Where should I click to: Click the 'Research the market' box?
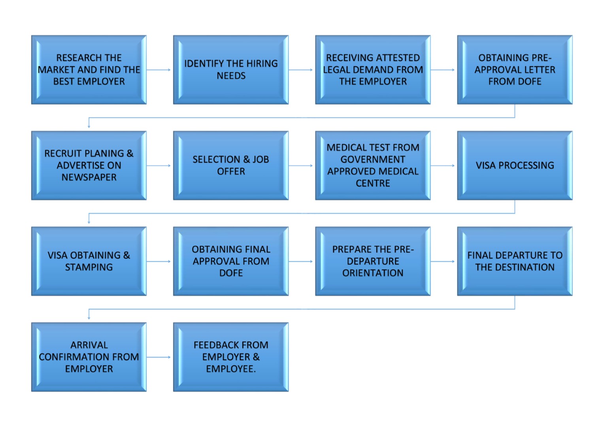click(89, 70)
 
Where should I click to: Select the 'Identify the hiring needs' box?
click(231, 70)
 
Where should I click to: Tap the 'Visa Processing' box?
click(515, 165)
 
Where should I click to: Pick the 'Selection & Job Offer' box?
click(231, 165)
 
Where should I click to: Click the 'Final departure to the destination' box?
click(515, 261)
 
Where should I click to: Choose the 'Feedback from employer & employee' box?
click(231, 357)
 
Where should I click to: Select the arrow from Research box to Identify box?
click(159, 70)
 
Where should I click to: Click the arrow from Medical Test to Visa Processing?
click(442, 166)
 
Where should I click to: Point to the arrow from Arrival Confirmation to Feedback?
click(159, 357)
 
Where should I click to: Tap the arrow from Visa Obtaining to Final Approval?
click(159, 261)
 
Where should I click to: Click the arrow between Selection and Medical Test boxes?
click(301, 166)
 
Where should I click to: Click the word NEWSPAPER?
click(89, 177)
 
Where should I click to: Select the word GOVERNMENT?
click(373, 159)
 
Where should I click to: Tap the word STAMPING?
click(89, 267)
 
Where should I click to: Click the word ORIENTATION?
click(373, 273)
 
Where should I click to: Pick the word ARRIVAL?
click(89, 345)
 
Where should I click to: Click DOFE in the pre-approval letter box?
click(528, 81)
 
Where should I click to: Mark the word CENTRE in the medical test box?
click(373, 183)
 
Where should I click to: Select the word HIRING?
click(262, 63)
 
